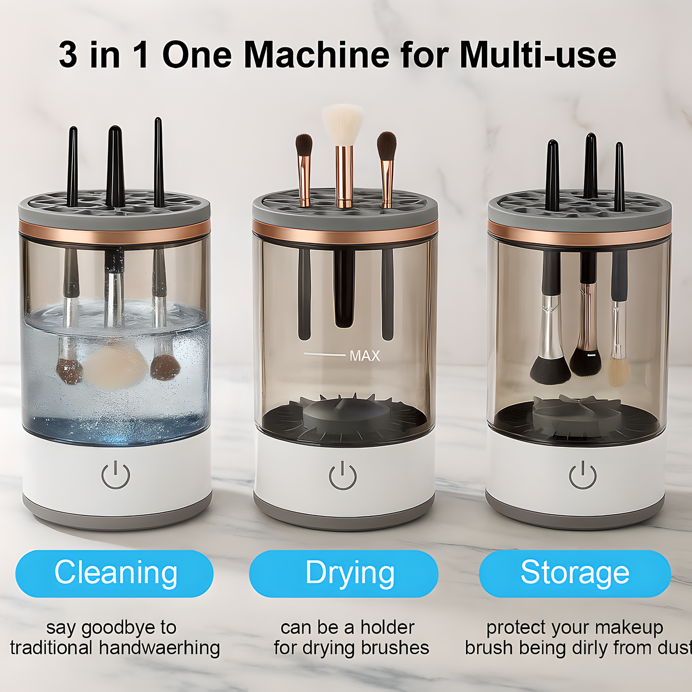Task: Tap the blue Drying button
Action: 343,573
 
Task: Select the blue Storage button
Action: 575,573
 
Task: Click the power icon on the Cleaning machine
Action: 116,475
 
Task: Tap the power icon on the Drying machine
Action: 343,476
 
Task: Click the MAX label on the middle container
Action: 364,356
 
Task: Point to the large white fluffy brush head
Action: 342,124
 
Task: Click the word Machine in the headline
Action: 317,55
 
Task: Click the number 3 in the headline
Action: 68,55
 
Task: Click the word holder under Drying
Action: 387,627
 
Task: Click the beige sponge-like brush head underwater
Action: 115,366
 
